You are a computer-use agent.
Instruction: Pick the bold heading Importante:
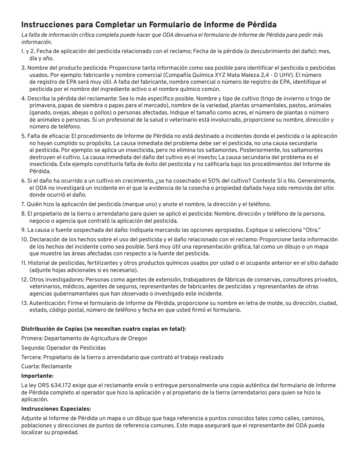[x=37, y=376]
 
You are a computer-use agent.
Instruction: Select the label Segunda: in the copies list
[x=32, y=348]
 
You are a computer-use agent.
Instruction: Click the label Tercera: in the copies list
[x=31, y=357]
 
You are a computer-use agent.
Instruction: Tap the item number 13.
[x=24, y=303]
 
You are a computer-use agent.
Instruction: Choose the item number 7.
[x=23, y=204]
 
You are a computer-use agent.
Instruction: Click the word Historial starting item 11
[x=40, y=263]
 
